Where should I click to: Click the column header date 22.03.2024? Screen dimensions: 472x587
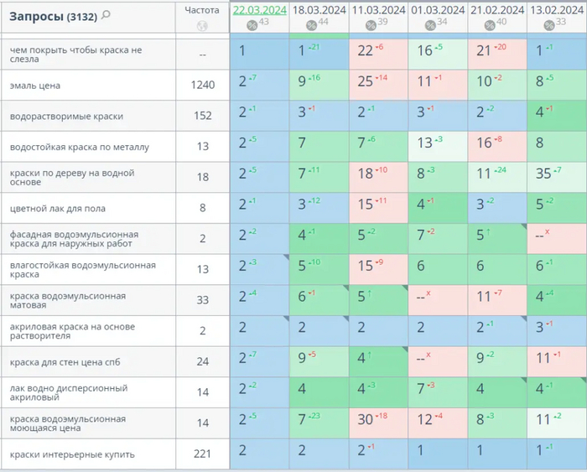260,10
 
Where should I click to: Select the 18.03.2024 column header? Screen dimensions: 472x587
319,10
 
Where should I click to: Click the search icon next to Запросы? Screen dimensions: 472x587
106,15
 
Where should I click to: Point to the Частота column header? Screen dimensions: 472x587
201,10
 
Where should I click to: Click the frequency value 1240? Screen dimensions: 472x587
202,85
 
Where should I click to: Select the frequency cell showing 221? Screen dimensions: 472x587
202,454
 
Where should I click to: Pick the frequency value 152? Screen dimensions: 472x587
202,116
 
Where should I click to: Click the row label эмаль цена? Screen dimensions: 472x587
34,86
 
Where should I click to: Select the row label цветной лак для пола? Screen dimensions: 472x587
57,208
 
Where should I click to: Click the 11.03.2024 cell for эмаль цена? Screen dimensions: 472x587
379,85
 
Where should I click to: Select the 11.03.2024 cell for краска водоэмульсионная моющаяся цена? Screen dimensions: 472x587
379,423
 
